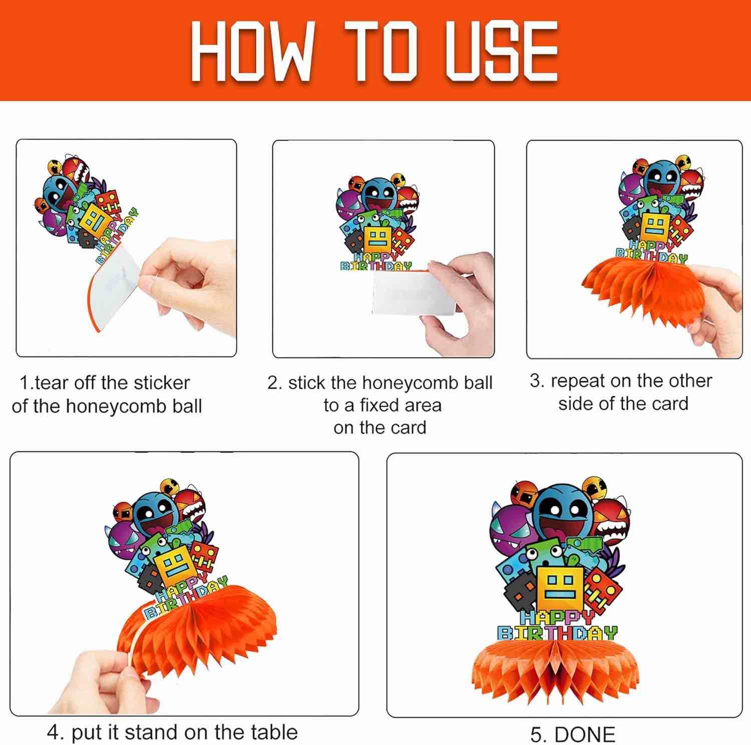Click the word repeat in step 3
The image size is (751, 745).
pos(577,381)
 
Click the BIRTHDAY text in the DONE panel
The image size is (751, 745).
pos(557,633)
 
